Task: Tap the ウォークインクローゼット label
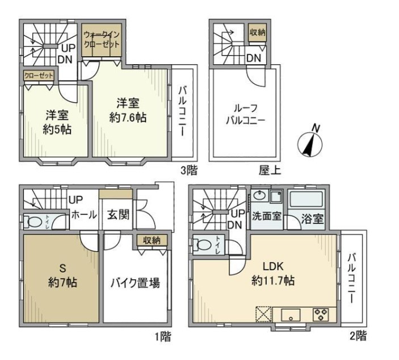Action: [x=103, y=39]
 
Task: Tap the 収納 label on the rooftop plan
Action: [x=257, y=33]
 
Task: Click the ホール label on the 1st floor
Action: [x=83, y=216]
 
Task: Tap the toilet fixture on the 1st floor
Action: [x=33, y=222]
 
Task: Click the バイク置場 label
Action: [x=135, y=282]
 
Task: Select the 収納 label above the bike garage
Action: [x=152, y=240]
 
